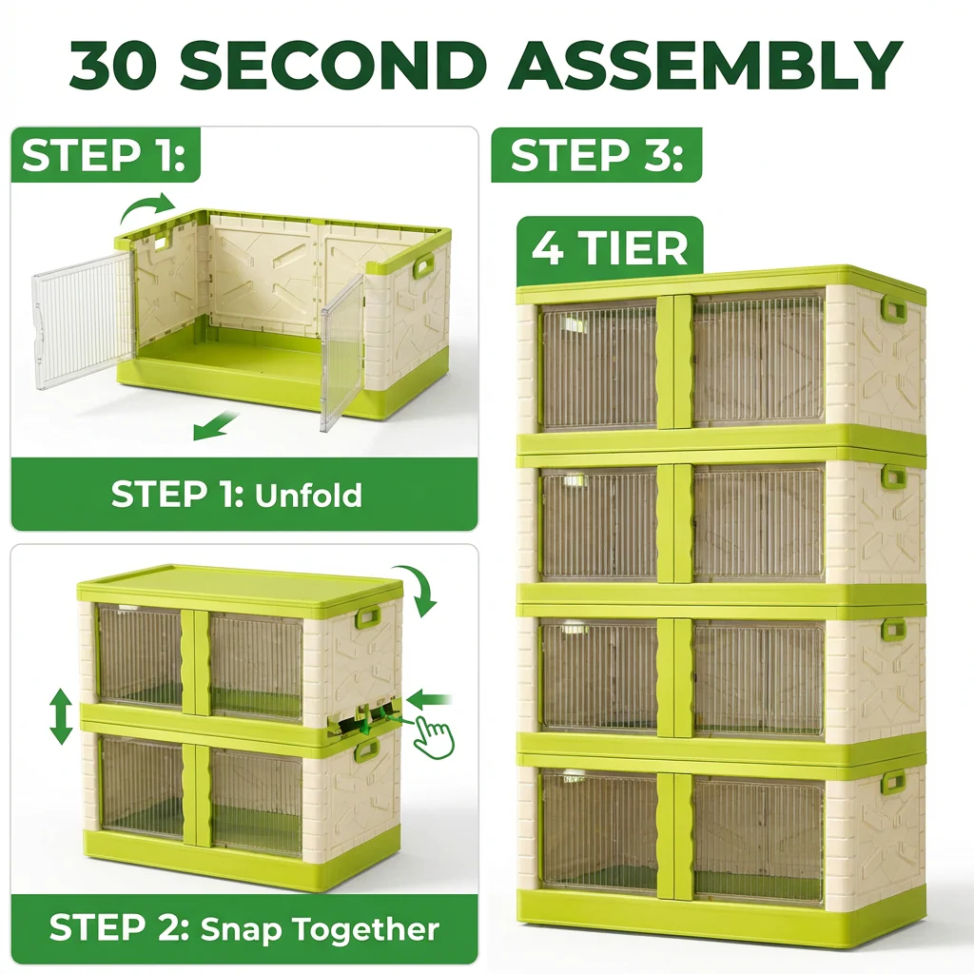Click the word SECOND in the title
[x=331, y=66]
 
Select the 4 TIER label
[x=609, y=248]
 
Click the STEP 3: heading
[x=596, y=156]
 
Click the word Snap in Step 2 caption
[x=241, y=928]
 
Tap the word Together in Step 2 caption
[x=366, y=928]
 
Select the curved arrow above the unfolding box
[x=149, y=204]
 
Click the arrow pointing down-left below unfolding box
[x=214, y=427]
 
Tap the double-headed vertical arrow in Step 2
[x=62, y=717]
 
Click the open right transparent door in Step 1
[x=342, y=352]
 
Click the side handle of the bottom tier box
[x=893, y=782]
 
